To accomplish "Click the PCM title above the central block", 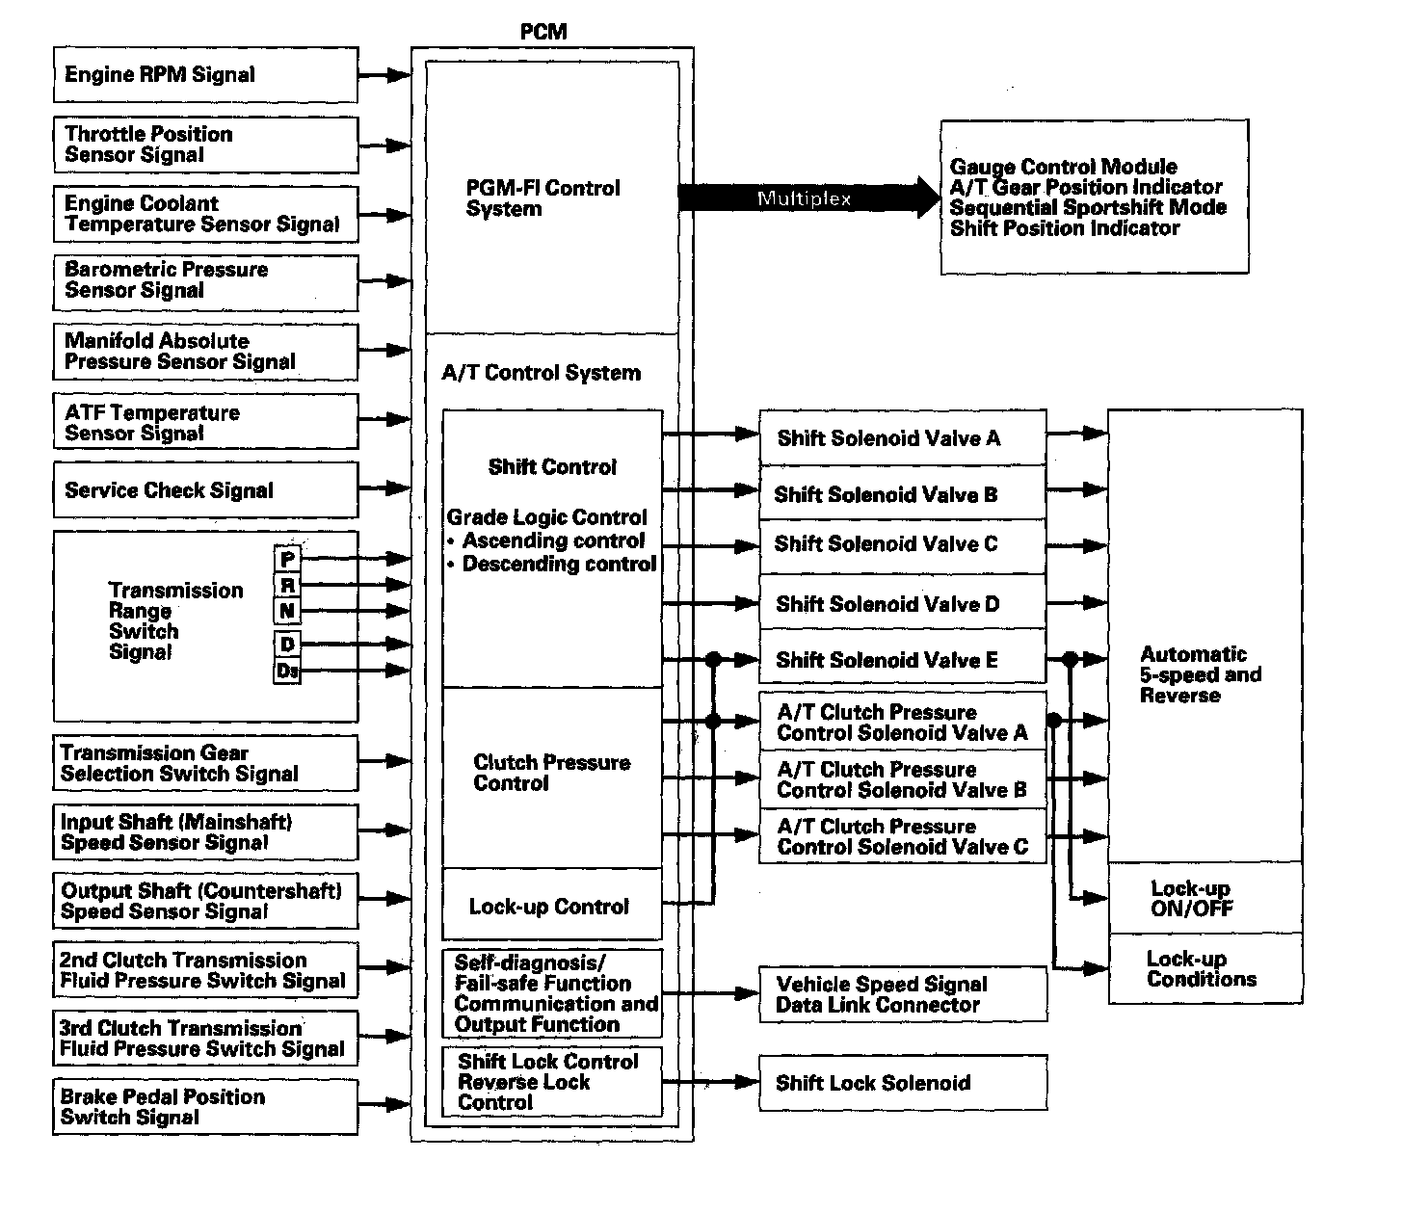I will click(543, 32).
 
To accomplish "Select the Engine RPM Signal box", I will click(205, 75).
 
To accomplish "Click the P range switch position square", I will click(287, 559).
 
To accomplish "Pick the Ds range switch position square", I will click(287, 671).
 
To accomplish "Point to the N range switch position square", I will click(287, 611).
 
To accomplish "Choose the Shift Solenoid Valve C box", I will click(902, 545).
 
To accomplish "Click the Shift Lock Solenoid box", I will click(902, 1084).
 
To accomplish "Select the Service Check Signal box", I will click(205, 490).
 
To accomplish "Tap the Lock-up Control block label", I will click(549, 907).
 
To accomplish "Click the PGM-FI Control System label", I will click(543, 198).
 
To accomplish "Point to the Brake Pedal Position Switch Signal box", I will click(205, 1107).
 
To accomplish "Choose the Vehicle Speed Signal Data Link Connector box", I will click(902, 994).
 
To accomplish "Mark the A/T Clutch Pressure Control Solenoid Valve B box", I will click(902, 779).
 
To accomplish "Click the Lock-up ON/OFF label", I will click(1192, 898).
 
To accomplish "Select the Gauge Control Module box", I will click(1094, 198).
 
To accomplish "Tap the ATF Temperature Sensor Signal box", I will click(205, 422).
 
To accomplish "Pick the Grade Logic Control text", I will click(546, 517).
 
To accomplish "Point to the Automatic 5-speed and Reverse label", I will click(1201, 674).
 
